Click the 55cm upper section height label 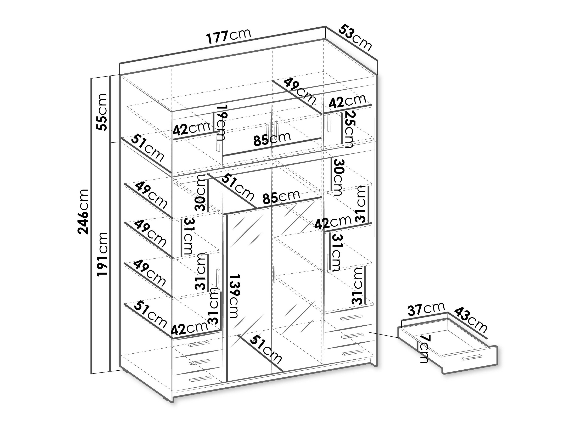coord(102,112)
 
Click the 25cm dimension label coord(348,129)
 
